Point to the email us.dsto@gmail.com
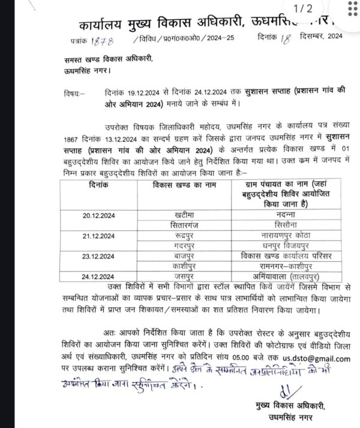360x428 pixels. (317, 358)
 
